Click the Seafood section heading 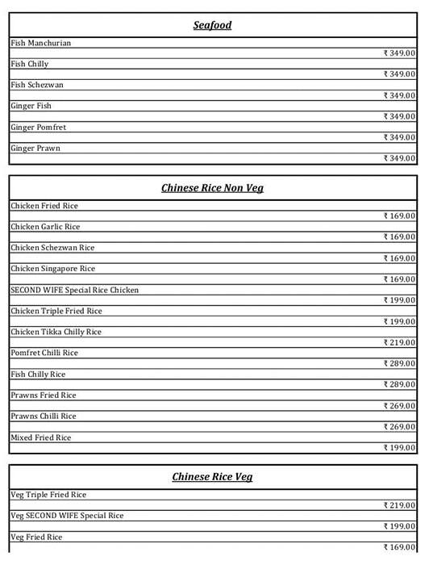pyautogui.click(x=212, y=25)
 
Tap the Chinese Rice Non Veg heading pyautogui.click(x=212, y=188)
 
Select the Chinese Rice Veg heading pyautogui.click(x=212, y=477)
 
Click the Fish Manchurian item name pyautogui.click(x=41, y=43)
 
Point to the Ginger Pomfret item pyautogui.click(x=39, y=128)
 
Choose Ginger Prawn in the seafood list pyautogui.click(x=35, y=149)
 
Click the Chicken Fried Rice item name pyautogui.click(x=44, y=206)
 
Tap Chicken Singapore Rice pyautogui.click(x=52, y=269)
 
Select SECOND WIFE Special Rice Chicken pyautogui.click(x=74, y=290)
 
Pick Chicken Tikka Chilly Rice pyautogui.click(x=56, y=332)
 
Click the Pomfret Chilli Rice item pyautogui.click(x=44, y=353)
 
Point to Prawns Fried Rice pyautogui.click(x=44, y=395)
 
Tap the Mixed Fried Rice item pyautogui.click(x=41, y=437)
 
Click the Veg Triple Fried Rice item pyautogui.click(x=48, y=495)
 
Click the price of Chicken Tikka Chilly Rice pyautogui.click(x=399, y=342)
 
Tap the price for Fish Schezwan pyautogui.click(x=399, y=95)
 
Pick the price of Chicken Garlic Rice pyautogui.click(x=399, y=237)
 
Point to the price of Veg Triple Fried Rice pyautogui.click(x=399, y=505)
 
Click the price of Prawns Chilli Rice pyautogui.click(x=399, y=427)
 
